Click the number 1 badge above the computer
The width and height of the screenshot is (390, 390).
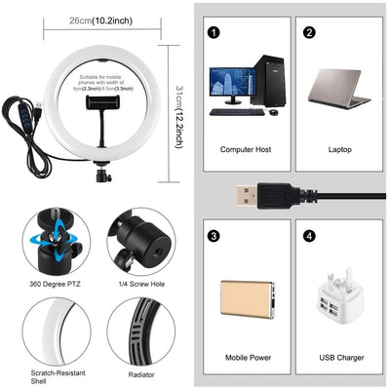point(212,31)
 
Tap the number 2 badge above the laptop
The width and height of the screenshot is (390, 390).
point(309,31)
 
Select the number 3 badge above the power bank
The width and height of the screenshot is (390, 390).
point(212,235)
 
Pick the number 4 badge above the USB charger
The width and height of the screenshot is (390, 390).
point(309,235)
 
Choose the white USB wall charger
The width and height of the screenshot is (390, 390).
point(335,298)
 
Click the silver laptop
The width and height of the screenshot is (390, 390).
point(338,89)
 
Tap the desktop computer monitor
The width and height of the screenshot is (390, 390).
point(231,84)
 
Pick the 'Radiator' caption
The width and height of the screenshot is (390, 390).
point(140,373)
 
